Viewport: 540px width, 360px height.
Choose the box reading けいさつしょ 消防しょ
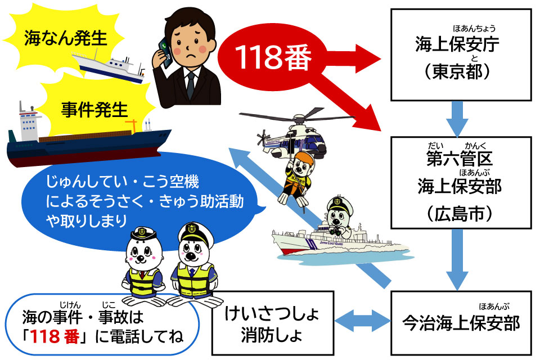pos(273,323)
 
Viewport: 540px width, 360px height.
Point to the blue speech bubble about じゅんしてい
pos(135,202)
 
